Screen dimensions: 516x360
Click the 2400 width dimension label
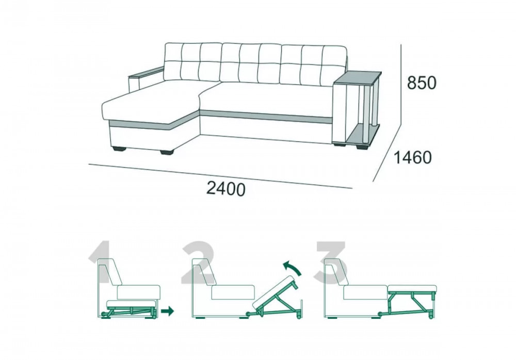[x=226, y=189]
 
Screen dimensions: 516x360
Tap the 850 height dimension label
[x=422, y=83]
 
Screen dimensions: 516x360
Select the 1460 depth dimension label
[x=413, y=158]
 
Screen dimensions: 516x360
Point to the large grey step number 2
[x=198, y=263]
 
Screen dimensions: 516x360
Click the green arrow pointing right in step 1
[x=167, y=310]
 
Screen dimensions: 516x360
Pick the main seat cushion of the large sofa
[x=267, y=99]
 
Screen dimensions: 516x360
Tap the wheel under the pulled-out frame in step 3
[x=431, y=317]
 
